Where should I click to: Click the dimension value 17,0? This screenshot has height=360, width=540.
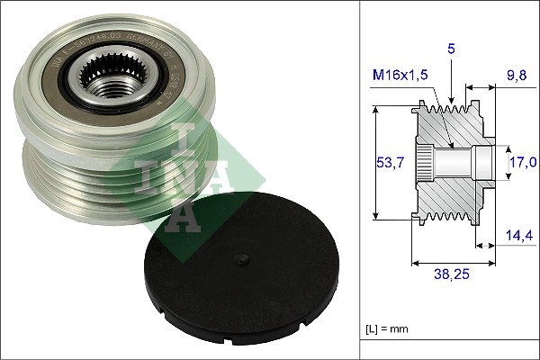(523, 162)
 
